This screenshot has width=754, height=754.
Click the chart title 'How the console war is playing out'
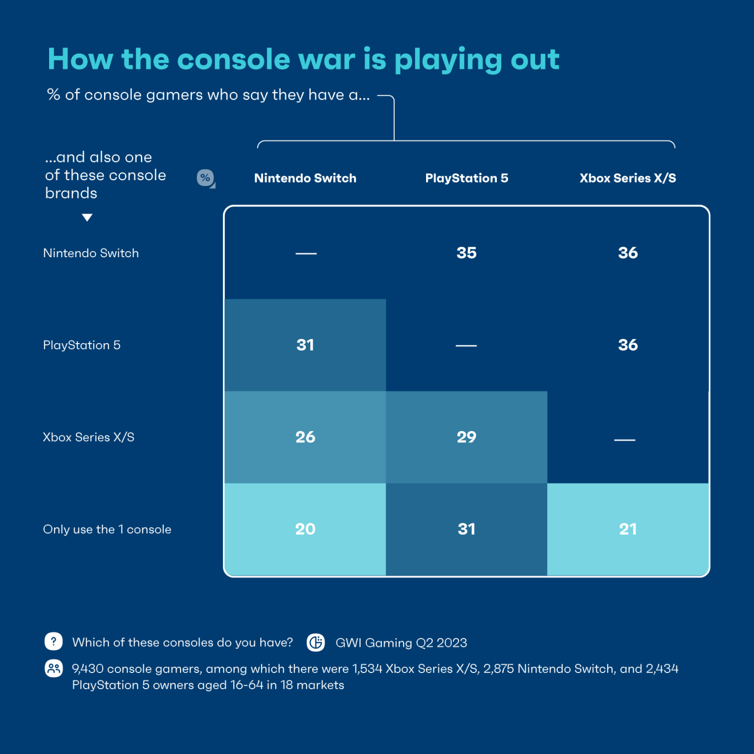coord(303,59)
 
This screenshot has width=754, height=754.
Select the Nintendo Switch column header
coord(305,178)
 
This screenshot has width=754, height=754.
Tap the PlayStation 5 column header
coord(466,178)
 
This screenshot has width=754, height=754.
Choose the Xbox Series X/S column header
coord(627,178)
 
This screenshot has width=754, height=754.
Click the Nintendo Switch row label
coord(91,253)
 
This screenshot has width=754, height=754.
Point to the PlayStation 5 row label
coord(81,345)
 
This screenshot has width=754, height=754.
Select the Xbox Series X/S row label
coord(88,437)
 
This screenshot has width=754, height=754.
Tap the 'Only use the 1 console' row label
coord(107,529)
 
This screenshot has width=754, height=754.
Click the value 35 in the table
coord(466,253)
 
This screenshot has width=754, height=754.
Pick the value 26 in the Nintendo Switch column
coord(305,437)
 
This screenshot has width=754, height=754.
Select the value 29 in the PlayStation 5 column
coord(466,437)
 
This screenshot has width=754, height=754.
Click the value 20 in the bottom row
coord(305,529)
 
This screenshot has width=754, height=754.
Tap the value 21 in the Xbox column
coord(627,529)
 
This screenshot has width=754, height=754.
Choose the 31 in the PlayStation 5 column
coord(466,529)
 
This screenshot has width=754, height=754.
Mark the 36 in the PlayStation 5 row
coord(627,345)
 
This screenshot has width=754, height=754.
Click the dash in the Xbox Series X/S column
coord(624,440)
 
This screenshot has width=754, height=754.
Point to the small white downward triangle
coord(87,217)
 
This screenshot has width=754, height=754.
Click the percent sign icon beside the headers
coord(205,178)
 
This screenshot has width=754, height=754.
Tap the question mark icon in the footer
coord(54,641)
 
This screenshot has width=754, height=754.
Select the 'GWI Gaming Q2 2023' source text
coord(401,643)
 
